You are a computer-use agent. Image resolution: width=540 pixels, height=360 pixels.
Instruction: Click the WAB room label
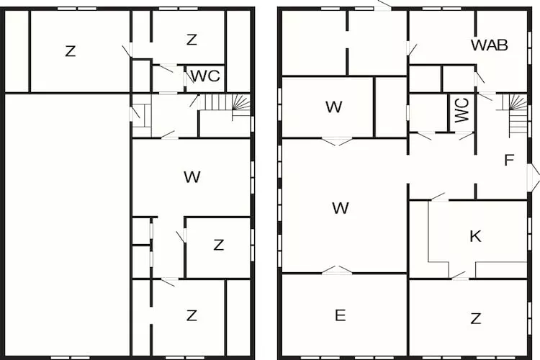click(x=489, y=45)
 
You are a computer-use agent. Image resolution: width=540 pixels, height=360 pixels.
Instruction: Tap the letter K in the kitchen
click(x=476, y=236)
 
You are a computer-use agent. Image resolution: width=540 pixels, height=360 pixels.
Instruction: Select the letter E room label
click(x=341, y=315)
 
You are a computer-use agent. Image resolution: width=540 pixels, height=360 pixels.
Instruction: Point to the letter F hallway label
click(x=509, y=160)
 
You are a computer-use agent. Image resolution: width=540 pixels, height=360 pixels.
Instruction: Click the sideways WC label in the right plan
click(x=462, y=110)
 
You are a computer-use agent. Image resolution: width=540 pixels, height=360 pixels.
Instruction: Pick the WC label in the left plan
click(x=206, y=76)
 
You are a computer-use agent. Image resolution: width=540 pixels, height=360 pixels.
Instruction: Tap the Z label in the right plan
click(x=476, y=319)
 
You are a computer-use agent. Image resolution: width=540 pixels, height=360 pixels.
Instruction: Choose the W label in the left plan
click(x=192, y=177)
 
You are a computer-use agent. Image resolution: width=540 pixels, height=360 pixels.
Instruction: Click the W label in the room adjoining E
click(x=341, y=208)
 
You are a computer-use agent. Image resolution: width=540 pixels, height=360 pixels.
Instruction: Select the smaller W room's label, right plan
click(x=333, y=107)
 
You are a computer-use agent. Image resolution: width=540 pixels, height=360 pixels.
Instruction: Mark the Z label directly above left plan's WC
click(x=192, y=40)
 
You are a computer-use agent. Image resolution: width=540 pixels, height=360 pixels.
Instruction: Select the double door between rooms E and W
click(x=337, y=271)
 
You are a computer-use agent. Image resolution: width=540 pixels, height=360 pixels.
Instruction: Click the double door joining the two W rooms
click(x=337, y=141)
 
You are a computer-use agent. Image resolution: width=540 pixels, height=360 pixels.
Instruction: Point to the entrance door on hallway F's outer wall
click(x=532, y=178)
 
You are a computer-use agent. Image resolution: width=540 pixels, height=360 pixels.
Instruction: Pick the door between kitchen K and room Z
click(x=460, y=276)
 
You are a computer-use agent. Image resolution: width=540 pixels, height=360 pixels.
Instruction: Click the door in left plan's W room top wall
click(x=169, y=136)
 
